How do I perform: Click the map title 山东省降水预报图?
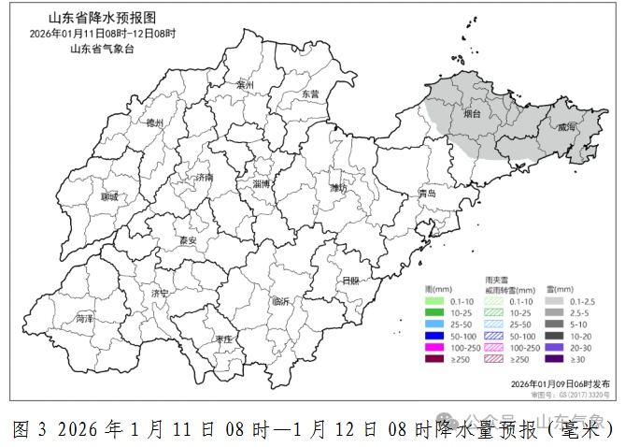(x=102, y=18)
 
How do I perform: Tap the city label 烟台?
(x=473, y=114)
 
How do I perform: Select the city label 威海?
(x=567, y=128)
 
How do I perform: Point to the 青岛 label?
(x=427, y=194)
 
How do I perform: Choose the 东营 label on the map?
(x=309, y=94)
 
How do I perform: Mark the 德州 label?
(x=154, y=123)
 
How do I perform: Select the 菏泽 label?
(x=84, y=319)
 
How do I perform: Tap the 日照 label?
(x=350, y=281)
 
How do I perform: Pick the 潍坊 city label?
(x=338, y=188)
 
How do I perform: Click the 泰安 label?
(x=188, y=240)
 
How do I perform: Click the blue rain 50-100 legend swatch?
(x=435, y=335)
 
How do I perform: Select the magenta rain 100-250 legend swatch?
(x=435, y=347)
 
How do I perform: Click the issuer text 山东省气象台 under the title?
(x=102, y=48)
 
